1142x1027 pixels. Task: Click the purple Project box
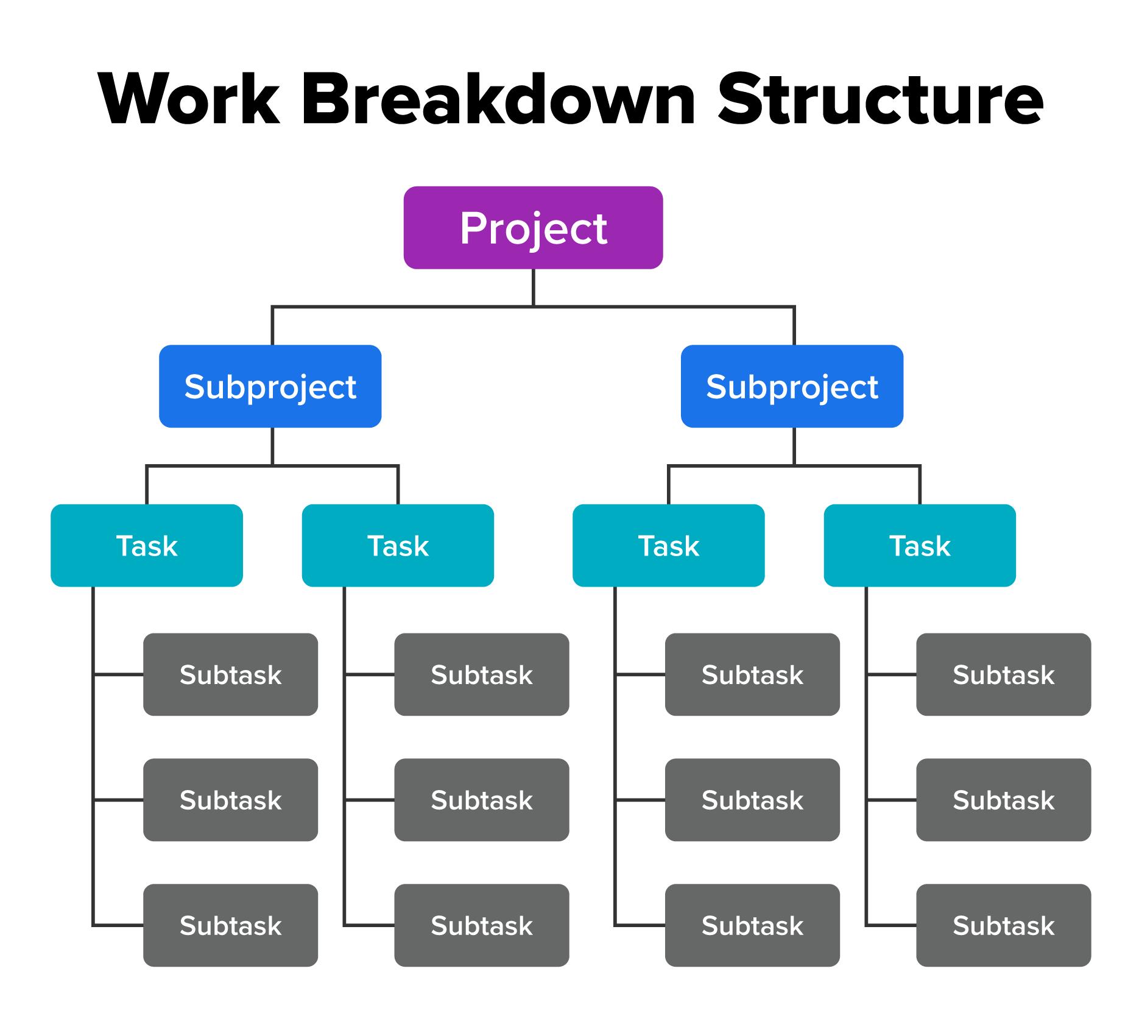pos(533,228)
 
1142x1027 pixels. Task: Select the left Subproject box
pos(270,386)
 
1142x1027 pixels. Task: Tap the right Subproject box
pos(792,386)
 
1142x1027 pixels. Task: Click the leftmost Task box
pos(147,545)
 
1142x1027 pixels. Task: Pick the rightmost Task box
pos(920,545)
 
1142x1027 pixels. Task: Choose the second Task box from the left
pos(398,545)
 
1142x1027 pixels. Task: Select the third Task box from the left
pos(668,545)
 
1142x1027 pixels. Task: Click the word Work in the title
pos(189,99)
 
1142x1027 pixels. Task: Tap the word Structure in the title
pos(881,99)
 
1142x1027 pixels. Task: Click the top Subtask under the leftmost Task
pos(230,674)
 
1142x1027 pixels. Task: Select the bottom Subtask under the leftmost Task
pos(230,925)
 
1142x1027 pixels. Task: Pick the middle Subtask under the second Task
pos(482,800)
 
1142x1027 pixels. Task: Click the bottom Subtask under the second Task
pos(482,925)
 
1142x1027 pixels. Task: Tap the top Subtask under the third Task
pos(752,674)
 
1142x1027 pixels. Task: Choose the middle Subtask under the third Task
pos(752,800)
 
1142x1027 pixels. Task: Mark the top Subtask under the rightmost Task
pos(1003,674)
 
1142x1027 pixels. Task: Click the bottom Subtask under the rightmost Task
pos(1003,925)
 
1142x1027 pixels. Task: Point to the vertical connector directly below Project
pos(534,287)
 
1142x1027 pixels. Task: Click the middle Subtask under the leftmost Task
pos(230,800)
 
